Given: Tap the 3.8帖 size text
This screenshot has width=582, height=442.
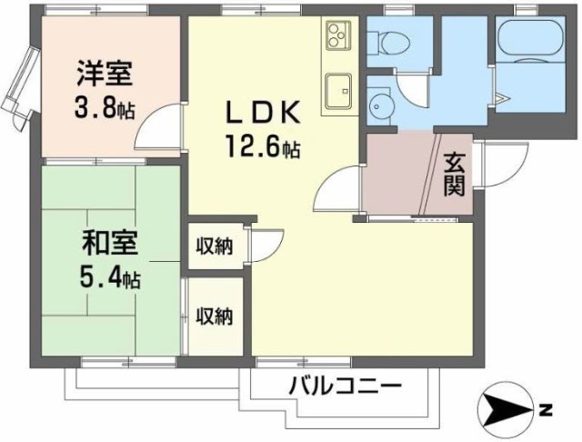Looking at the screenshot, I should pyautogui.click(x=104, y=109).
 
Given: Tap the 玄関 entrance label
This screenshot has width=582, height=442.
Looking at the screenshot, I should pyautogui.click(x=456, y=174).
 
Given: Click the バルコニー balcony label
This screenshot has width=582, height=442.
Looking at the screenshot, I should pyautogui.click(x=346, y=386).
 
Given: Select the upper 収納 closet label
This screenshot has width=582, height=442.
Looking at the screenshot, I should pyautogui.click(x=215, y=246).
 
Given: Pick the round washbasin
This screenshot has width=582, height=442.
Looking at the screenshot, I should pyautogui.click(x=380, y=105).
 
